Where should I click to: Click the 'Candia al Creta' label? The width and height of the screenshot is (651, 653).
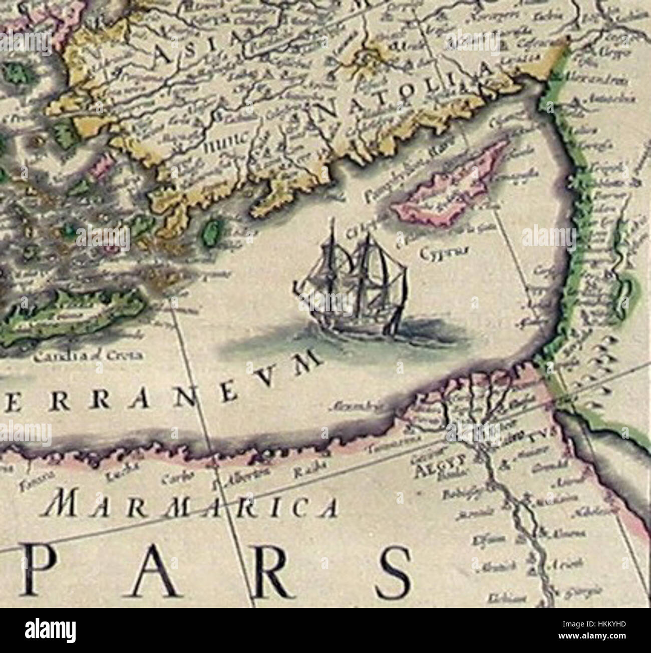[88, 356]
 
